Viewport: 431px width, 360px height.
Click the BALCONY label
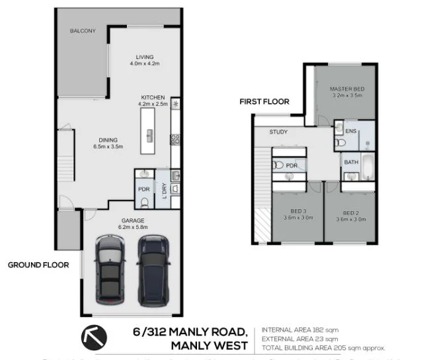tap(83, 30)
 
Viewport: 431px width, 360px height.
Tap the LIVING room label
tap(144, 57)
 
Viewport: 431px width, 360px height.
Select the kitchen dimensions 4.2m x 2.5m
tap(152, 104)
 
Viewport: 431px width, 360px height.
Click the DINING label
tap(108, 140)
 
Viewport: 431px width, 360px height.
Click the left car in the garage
tap(110, 268)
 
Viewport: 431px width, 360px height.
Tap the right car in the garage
tap(153, 268)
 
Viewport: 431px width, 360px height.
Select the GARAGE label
tap(132, 220)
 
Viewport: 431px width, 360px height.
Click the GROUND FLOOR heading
tap(38, 265)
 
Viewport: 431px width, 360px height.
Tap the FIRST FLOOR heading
tap(264, 102)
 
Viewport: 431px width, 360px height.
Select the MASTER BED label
tap(346, 89)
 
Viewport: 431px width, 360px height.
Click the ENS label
tap(350, 132)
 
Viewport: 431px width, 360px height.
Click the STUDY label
tap(278, 132)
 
